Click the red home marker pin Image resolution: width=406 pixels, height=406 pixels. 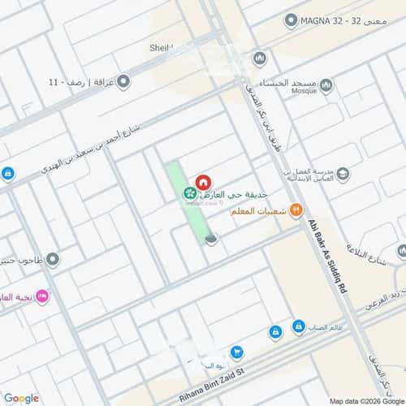(x=202, y=183)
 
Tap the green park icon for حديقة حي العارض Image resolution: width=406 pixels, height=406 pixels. (x=188, y=193)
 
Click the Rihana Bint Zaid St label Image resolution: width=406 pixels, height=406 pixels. (x=240, y=377)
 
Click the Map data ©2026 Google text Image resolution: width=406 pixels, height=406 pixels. (x=365, y=400)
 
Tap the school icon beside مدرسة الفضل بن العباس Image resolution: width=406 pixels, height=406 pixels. (x=343, y=175)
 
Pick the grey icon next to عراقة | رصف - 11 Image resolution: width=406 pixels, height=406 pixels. (x=123, y=81)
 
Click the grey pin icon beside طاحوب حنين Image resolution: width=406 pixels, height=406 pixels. (x=53, y=260)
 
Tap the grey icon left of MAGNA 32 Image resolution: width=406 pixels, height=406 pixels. (x=291, y=21)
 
